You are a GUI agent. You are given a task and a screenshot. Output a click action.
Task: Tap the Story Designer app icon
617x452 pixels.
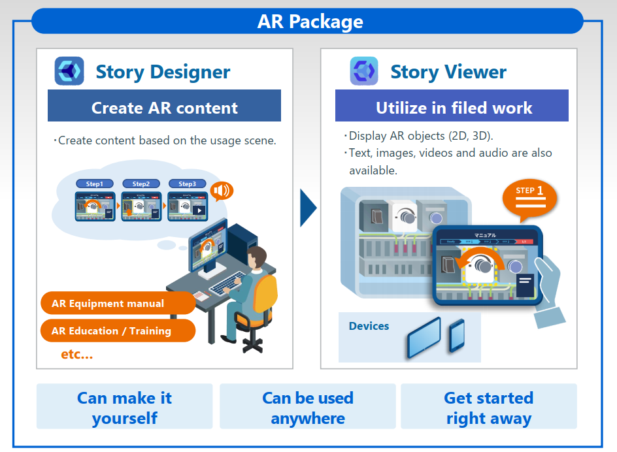(x=69, y=71)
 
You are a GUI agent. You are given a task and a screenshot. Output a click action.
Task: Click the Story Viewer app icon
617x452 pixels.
(x=364, y=71)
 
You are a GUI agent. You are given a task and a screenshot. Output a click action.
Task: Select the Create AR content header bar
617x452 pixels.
(x=164, y=107)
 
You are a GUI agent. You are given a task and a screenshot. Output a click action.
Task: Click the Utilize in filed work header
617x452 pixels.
(x=452, y=107)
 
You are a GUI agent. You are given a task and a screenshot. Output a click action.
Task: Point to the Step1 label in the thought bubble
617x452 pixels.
(x=95, y=184)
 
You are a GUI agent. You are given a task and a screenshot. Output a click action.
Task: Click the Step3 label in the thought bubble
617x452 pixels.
(x=187, y=184)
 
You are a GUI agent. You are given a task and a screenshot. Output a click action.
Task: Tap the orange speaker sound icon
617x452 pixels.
(x=222, y=191)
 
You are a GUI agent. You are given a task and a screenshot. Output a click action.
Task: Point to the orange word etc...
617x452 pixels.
(x=76, y=355)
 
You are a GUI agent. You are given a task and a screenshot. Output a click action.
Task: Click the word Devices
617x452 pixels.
(x=369, y=326)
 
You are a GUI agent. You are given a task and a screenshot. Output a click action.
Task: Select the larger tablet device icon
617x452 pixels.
(x=423, y=337)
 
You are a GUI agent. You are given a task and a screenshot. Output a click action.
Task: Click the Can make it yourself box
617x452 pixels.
(x=124, y=407)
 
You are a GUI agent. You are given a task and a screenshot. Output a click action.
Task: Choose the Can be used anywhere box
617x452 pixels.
(x=308, y=407)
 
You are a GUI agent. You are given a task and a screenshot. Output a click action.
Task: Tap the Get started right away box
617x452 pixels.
(x=489, y=407)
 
